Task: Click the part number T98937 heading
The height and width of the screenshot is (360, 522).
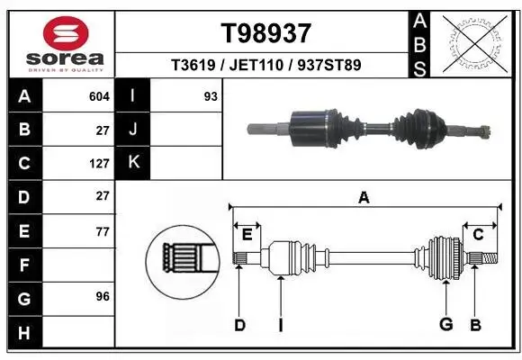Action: (x=266, y=32)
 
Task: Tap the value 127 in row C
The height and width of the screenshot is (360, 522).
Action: (x=100, y=163)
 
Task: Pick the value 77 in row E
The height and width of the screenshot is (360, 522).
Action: (x=103, y=230)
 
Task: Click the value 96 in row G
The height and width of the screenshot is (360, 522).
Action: (x=103, y=296)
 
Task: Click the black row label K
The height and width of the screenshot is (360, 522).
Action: (x=133, y=163)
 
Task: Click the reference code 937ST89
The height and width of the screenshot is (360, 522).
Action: (x=331, y=65)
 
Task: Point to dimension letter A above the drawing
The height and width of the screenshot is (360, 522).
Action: (x=364, y=198)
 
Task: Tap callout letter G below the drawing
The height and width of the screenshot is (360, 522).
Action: (x=445, y=325)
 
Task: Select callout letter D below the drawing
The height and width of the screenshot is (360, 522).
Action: (x=239, y=325)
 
